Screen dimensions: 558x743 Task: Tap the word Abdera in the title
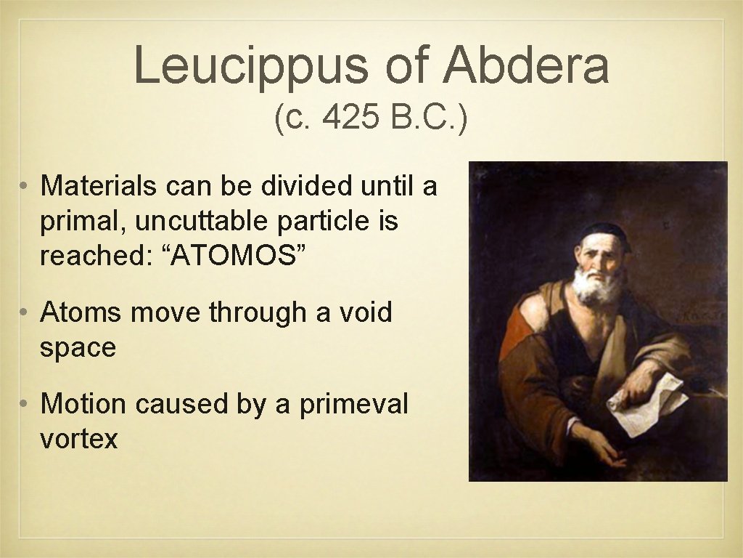(526, 65)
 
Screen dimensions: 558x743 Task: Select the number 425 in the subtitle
(352, 118)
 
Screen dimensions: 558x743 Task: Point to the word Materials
(98, 186)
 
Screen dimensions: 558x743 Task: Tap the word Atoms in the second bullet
(81, 312)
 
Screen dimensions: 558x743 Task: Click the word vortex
(78, 439)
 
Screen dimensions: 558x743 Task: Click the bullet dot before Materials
(24, 187)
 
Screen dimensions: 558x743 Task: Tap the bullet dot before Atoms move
(24, 313)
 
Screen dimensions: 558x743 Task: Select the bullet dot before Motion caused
(24, 404)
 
